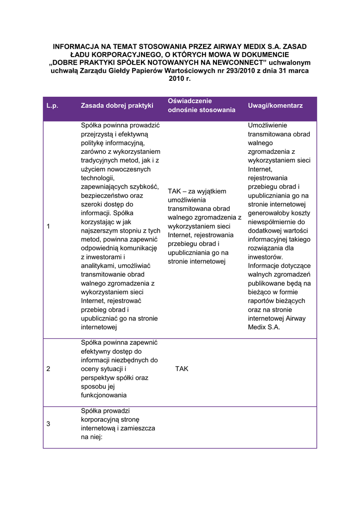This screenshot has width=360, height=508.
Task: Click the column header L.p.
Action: point(52,106)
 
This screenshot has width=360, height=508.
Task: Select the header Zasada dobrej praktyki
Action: point(117,106)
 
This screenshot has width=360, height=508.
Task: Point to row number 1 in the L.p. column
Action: point(48,226)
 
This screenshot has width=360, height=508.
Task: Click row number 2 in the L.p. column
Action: point(48,369)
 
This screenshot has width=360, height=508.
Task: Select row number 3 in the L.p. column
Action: point(48,424)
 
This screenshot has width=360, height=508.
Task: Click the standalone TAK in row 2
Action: point(182,369)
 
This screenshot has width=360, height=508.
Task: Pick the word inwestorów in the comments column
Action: point(265,257)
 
